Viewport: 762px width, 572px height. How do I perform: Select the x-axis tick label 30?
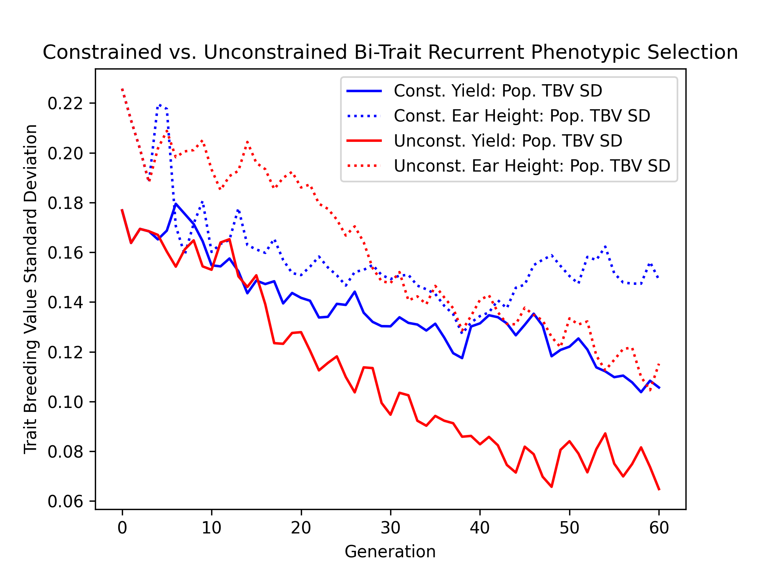pos(391,528)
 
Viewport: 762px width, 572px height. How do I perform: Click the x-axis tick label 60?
pos(659,528)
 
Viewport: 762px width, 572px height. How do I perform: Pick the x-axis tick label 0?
pos(122,528)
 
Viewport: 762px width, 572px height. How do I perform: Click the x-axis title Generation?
pos(390,552)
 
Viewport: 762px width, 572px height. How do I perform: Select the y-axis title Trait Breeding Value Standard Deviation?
pos(31,289)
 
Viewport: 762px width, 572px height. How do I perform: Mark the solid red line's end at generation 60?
pos(659,489)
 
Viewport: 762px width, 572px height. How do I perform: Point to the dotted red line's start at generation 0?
pos(122,89)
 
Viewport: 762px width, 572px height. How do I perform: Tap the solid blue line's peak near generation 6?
pos(176,204)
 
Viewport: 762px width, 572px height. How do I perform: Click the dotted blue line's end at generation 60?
pos(659,278)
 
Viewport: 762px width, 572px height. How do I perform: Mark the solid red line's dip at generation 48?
pos(552,487)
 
